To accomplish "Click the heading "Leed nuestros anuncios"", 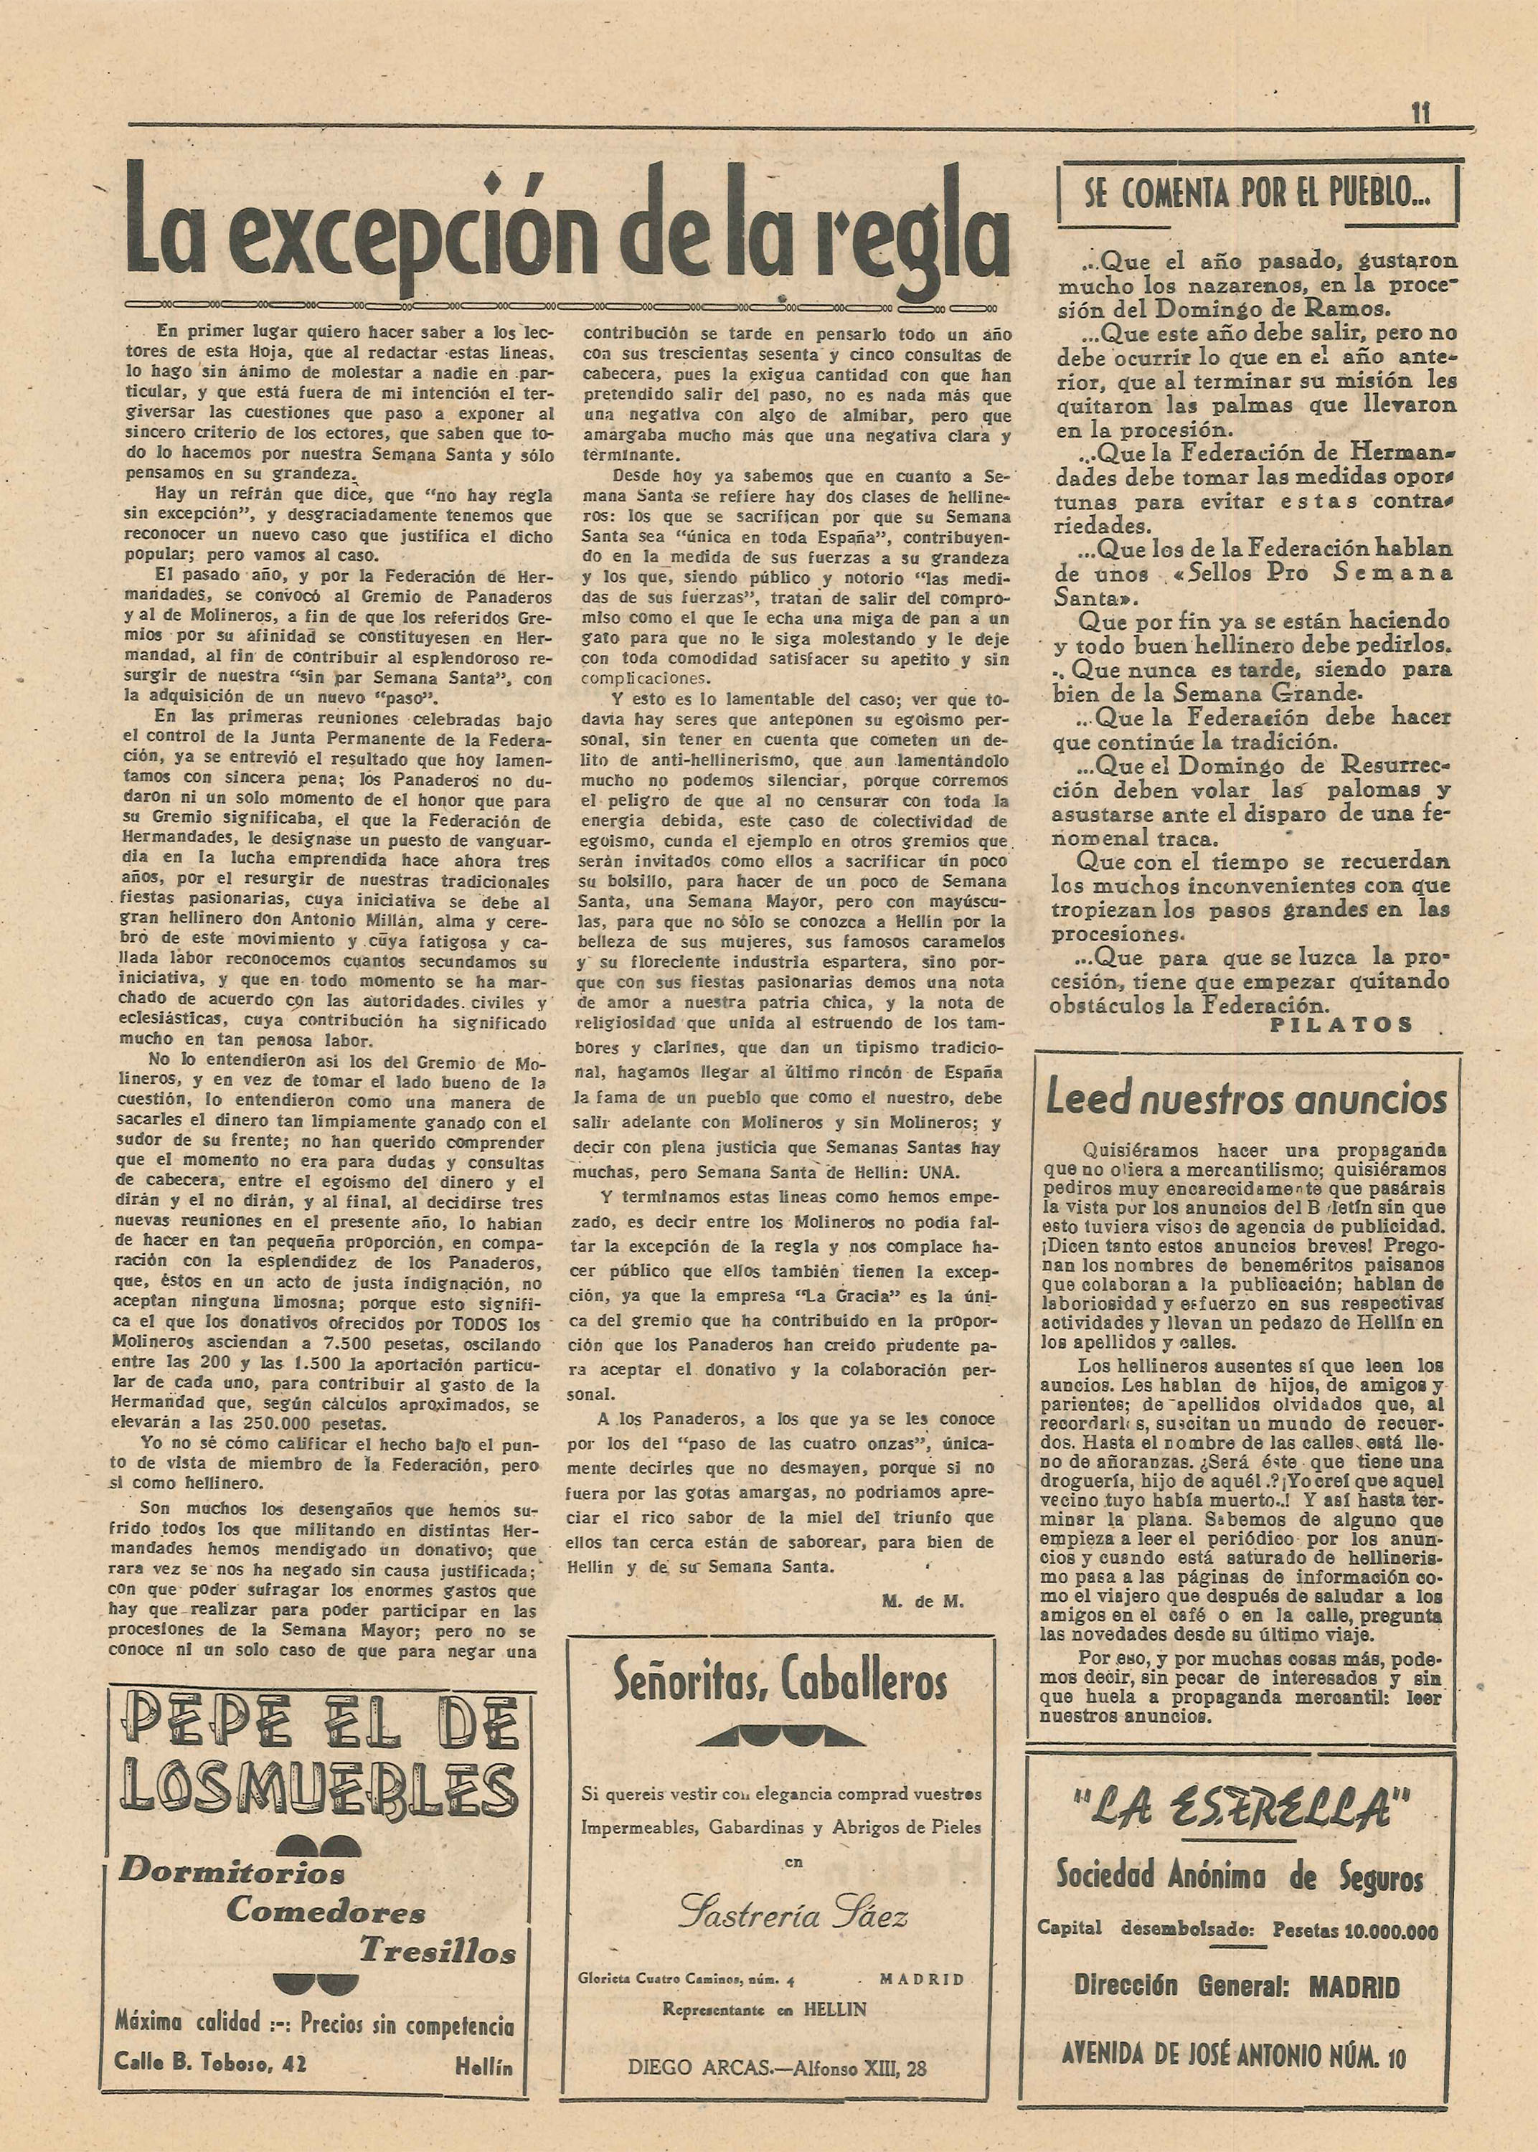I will (x=1246, y=1098).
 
